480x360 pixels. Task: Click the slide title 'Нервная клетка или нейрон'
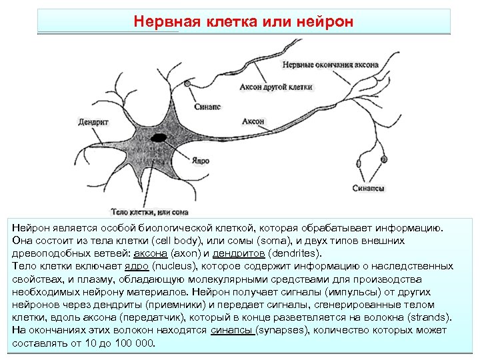point(243,21)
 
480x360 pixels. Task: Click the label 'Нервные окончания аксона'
point(331,65)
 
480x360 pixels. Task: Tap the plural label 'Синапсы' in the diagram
point(368,189)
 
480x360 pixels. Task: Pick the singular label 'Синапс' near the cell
point(207,106)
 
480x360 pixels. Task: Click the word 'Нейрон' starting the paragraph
point(31,228)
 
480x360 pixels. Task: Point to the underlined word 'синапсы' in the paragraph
point(231,331)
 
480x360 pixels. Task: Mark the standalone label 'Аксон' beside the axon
point(253,122)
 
